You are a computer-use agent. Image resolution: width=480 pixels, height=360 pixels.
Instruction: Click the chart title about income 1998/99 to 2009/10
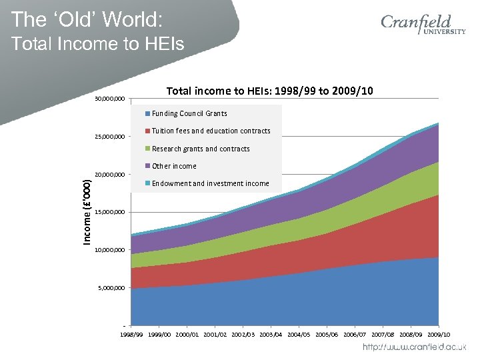(x=269, y=91)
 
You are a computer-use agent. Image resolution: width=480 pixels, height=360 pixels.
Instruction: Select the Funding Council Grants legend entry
(x=189, y=113)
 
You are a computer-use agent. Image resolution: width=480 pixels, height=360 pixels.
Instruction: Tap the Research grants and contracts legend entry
(x=201, y=149)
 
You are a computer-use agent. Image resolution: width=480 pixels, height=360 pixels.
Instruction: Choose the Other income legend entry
(x=174, y=166)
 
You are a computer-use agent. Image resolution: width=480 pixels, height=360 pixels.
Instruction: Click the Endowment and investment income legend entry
(x=210, y=183)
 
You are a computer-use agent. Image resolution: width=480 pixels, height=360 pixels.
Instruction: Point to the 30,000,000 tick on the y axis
(x=109, y=99)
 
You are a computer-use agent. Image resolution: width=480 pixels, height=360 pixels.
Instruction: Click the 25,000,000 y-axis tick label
(x=109, y=137)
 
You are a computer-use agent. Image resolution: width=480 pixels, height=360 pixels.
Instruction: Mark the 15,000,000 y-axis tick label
(x=109, y=213)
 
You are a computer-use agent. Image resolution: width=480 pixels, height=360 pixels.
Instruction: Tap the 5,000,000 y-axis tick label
(x=111, y=289)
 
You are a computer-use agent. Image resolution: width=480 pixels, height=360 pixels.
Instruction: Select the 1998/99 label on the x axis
(x=131, y=333)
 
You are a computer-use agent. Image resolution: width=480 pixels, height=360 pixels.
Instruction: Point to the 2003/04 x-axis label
(x=271, y=333)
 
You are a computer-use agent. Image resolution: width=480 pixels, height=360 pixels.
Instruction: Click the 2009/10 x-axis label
(x=439, y=333)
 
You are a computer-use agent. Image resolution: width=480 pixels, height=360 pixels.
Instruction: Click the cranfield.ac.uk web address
(x=414, y=348)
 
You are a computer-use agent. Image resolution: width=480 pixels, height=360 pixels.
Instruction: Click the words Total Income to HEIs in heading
(x=98, y=45)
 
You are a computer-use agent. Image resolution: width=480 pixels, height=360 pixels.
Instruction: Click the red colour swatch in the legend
(x=148, y=131)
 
